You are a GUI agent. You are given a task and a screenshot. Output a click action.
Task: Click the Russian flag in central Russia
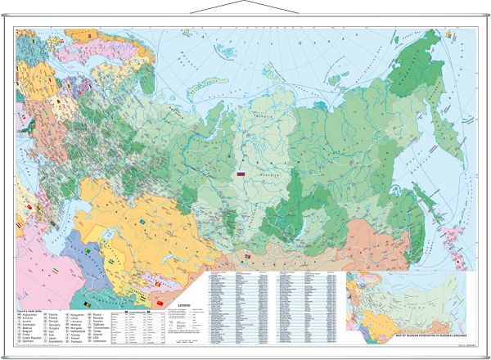click(x=241, y=174)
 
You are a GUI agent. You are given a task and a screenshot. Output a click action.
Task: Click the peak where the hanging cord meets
click(x=245, y=3)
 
